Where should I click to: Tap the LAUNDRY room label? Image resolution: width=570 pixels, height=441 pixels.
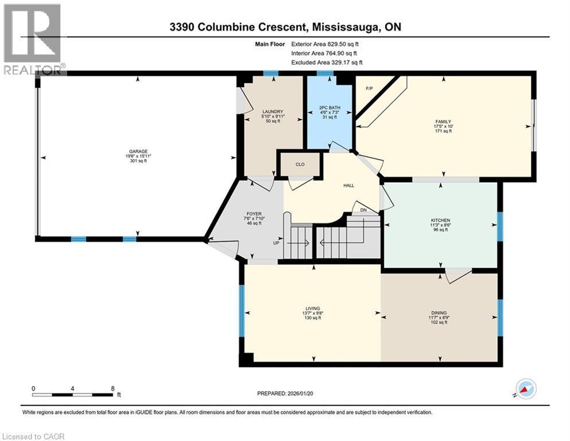(270, 111)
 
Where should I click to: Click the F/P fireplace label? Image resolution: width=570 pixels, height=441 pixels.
(370, 88)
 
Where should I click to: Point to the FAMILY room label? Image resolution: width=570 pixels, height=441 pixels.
(443, 122)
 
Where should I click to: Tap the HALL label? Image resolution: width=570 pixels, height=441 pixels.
(348, 185)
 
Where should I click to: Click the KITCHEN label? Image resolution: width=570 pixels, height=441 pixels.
(441, 220)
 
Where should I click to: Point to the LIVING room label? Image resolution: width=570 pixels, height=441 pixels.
(313, 308)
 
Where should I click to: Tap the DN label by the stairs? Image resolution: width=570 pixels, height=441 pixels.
(363, 210)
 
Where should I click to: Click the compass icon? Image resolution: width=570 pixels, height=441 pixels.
(525, 389)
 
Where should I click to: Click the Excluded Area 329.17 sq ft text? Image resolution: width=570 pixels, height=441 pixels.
(327, 62)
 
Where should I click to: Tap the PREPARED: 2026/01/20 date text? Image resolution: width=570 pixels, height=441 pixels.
(286, 393)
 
